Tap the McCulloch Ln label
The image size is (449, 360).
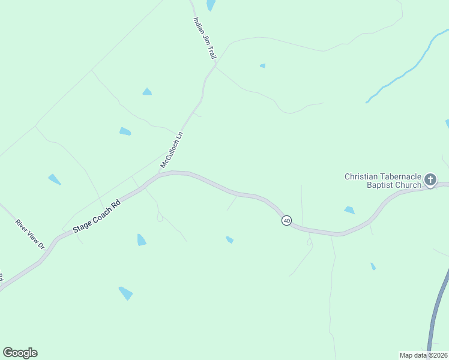tap(171, 150)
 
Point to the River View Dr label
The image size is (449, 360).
tap(30, 234)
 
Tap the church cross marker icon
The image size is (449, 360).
tap(430, 179)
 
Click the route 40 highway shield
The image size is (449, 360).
tap(286, 221)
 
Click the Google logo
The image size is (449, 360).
tap(20, 353)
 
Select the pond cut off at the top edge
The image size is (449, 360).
tap(211, 5)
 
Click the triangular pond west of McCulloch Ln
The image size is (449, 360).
tap(146, 92)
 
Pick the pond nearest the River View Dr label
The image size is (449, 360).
tap(54, 179)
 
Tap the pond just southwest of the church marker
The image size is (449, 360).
tap(349, 210)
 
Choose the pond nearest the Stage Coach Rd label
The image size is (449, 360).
tap(141, 240)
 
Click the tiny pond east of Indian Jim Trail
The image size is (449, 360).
tap(262, 65)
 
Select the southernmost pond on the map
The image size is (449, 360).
tap(125, 293)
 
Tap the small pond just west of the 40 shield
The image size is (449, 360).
tap(229, 239)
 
